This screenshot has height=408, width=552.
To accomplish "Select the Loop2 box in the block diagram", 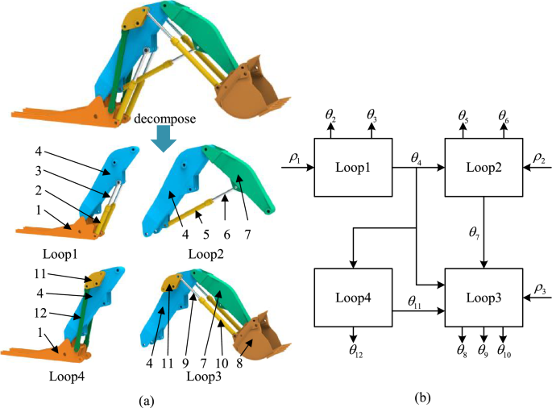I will (483, 169).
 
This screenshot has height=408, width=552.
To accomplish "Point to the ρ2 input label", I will (539, 159).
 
